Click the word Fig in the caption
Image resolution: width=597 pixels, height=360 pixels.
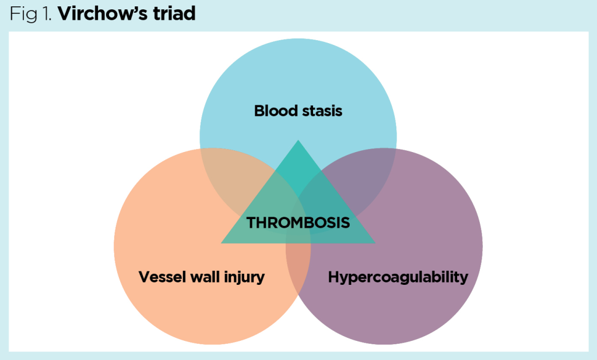(x=22, y=14)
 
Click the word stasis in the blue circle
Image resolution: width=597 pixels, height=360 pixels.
(x=321, y=110)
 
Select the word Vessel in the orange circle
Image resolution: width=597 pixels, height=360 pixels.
(x=160, y=277)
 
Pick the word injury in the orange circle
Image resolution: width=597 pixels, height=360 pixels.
(x=245, y=277)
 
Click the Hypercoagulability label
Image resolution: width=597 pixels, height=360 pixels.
(x=398, y=277)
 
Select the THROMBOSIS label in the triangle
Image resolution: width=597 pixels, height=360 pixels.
(x=298, y=223)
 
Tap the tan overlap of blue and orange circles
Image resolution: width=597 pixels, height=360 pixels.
(x=230, y=175)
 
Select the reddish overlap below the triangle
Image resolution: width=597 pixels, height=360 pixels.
(x=298, y=262)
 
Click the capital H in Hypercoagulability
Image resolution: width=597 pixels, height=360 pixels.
(x=333, y=277)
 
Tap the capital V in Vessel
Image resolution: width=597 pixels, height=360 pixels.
(x=143, y=277)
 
